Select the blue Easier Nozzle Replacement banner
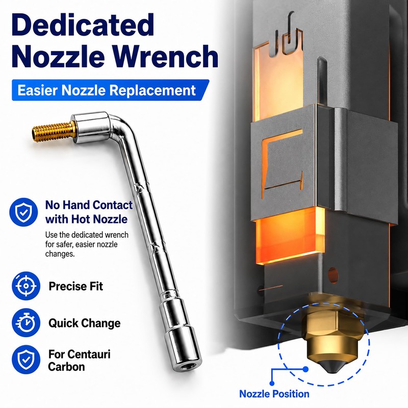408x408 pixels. click(x=110, y=90)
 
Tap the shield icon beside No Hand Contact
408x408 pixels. click(x=23, y=212)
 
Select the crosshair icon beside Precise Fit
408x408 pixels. click(x=26, y=286)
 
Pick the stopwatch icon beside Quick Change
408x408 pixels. click(x=26, y=323)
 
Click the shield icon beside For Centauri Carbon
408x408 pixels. click(x=26, y=360)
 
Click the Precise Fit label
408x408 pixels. click(x=75, y=286)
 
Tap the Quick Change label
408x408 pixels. click(x=85, y=323)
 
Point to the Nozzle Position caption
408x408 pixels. click(x=274, y=394)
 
